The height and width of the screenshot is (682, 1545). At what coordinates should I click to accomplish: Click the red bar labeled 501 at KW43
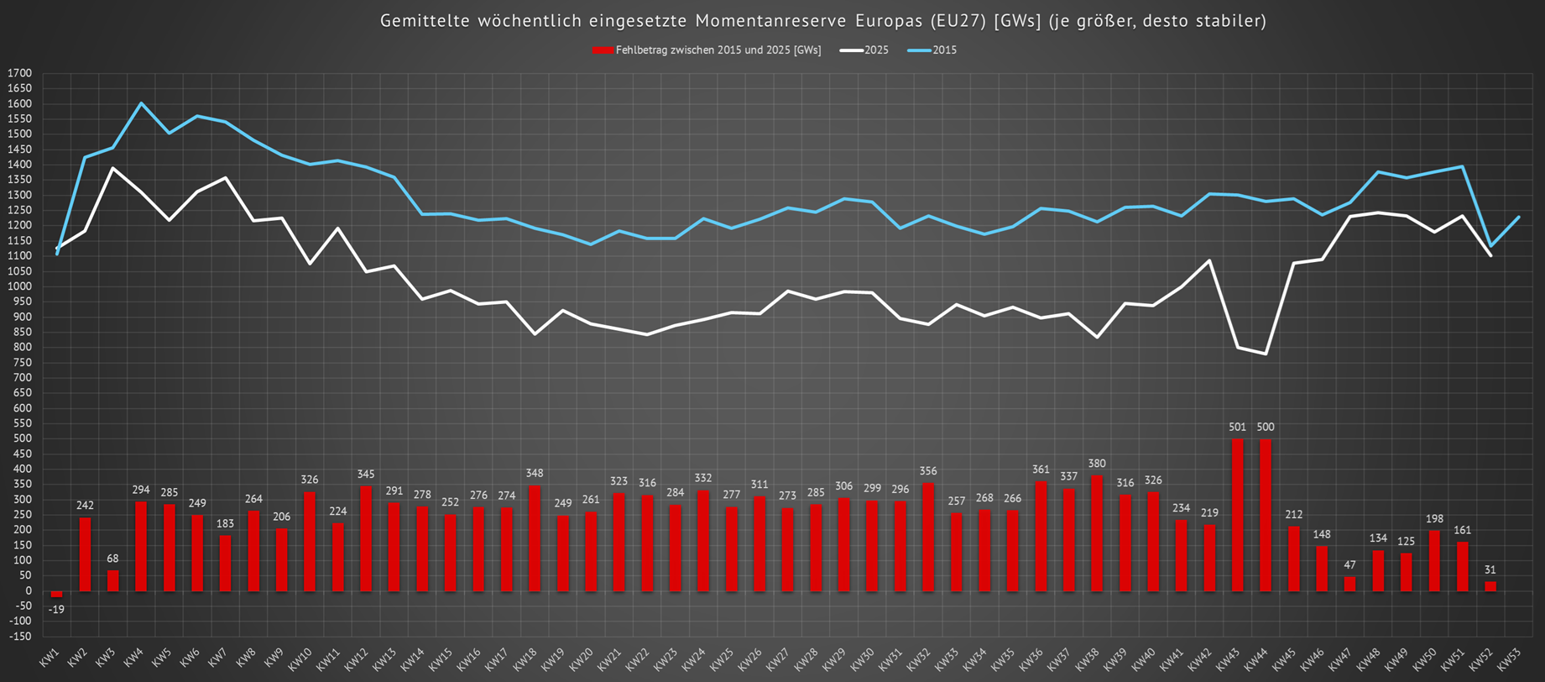point(1237,514)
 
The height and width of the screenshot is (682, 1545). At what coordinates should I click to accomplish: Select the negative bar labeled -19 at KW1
point(56,594)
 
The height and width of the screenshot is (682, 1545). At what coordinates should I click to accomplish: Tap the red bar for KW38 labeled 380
point(1097,532)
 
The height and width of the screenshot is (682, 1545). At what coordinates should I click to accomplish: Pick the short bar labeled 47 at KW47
point(1349,584)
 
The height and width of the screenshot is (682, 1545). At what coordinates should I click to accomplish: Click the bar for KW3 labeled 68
point(112,580)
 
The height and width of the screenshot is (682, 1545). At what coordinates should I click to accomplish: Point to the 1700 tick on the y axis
point(19,73)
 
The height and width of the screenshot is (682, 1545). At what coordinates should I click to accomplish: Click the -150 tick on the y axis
point(19,636)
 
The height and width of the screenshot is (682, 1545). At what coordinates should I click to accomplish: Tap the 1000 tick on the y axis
point(19,286)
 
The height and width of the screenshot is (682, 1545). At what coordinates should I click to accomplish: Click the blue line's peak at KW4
point(141,103)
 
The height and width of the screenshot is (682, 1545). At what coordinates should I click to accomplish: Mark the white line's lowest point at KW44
point(1265,354)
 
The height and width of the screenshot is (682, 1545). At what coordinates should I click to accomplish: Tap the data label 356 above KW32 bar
point(928,471)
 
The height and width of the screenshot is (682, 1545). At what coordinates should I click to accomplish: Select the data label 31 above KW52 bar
point(1490,570)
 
